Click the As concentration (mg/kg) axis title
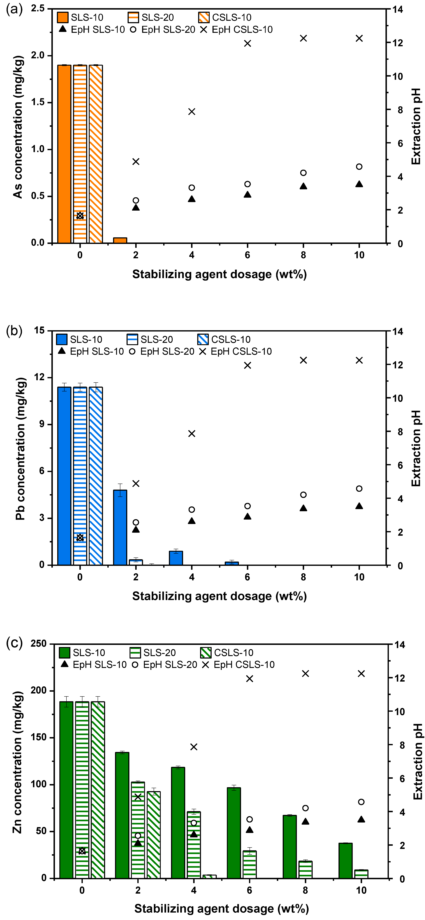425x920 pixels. pyautogui.click(x=18, y=127)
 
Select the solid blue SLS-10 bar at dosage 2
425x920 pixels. pyautogui.click(x=120, y=527)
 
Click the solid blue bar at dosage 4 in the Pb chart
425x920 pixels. pyautogui.click(x=176, y=558)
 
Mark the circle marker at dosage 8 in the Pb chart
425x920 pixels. pyautogui.click(x=303, y=495)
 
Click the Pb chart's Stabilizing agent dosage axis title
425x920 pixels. pyautogui.click(x=219, y=596)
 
